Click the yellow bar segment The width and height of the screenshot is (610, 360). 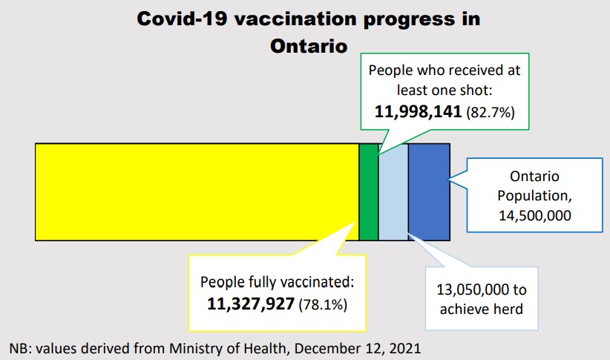click(197, 192)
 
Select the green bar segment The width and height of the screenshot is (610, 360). click(368, 192)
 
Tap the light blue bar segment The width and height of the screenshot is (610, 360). click(393, 192)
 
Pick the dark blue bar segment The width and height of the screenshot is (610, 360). click(429, 192)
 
